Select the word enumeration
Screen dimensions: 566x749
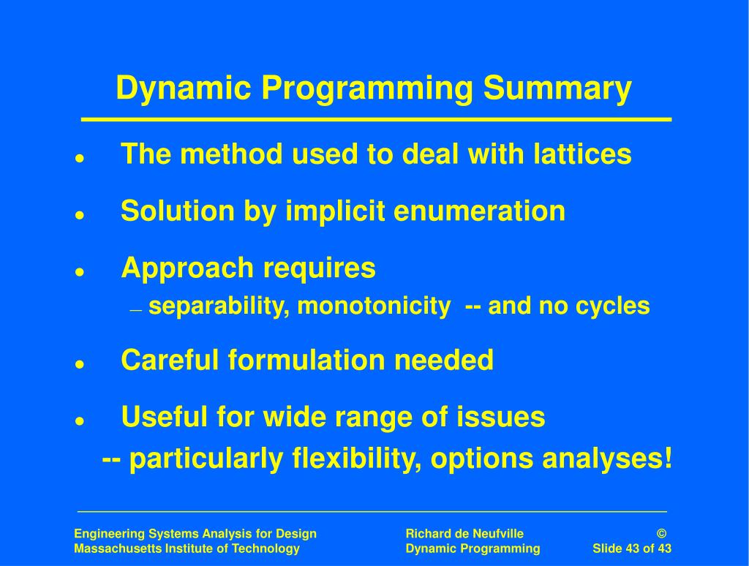[479, 211]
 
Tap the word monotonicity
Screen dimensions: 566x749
[374, 306]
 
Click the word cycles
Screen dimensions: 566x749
[613, 306]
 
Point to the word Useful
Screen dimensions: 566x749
[165, 417]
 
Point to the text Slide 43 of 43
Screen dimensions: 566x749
[631, 549]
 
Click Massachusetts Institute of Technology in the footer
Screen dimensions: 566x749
[187, 549]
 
